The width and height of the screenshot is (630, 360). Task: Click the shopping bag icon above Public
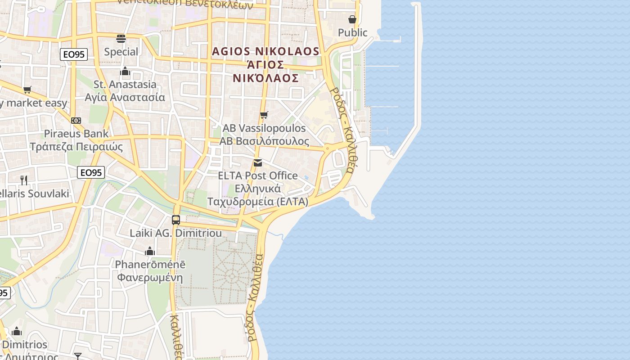(352, 19)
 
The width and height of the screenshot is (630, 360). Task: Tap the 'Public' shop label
(352, 32)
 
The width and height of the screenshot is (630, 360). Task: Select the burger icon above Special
(121, 38)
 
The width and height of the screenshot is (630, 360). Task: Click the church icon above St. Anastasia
(125, 71)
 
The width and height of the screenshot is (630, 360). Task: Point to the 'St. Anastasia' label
(125, 85)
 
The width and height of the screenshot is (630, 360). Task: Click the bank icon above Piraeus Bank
(76, 121)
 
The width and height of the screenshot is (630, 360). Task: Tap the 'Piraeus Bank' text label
(76, 134)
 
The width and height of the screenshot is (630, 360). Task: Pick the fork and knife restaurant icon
(24, 180)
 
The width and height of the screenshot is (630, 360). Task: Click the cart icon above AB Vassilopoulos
(264, 115)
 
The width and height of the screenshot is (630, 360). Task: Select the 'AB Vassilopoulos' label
(264, 128)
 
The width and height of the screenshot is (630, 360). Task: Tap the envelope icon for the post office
(258, 162)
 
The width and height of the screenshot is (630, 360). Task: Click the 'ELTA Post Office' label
(258, 175)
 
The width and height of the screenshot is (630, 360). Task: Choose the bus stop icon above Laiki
(176, 220)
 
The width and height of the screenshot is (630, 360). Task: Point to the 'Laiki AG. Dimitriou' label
(176, 233)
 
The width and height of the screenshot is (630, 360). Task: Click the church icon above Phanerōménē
(150, 251)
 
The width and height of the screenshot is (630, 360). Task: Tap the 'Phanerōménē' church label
(150, 264)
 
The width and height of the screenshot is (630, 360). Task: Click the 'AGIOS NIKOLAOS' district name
(265, 51)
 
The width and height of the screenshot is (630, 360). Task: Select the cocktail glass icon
(78, 356)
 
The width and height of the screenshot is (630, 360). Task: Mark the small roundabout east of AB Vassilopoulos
(327, 148)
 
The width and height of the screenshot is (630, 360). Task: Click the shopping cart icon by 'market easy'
(27, 90)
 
